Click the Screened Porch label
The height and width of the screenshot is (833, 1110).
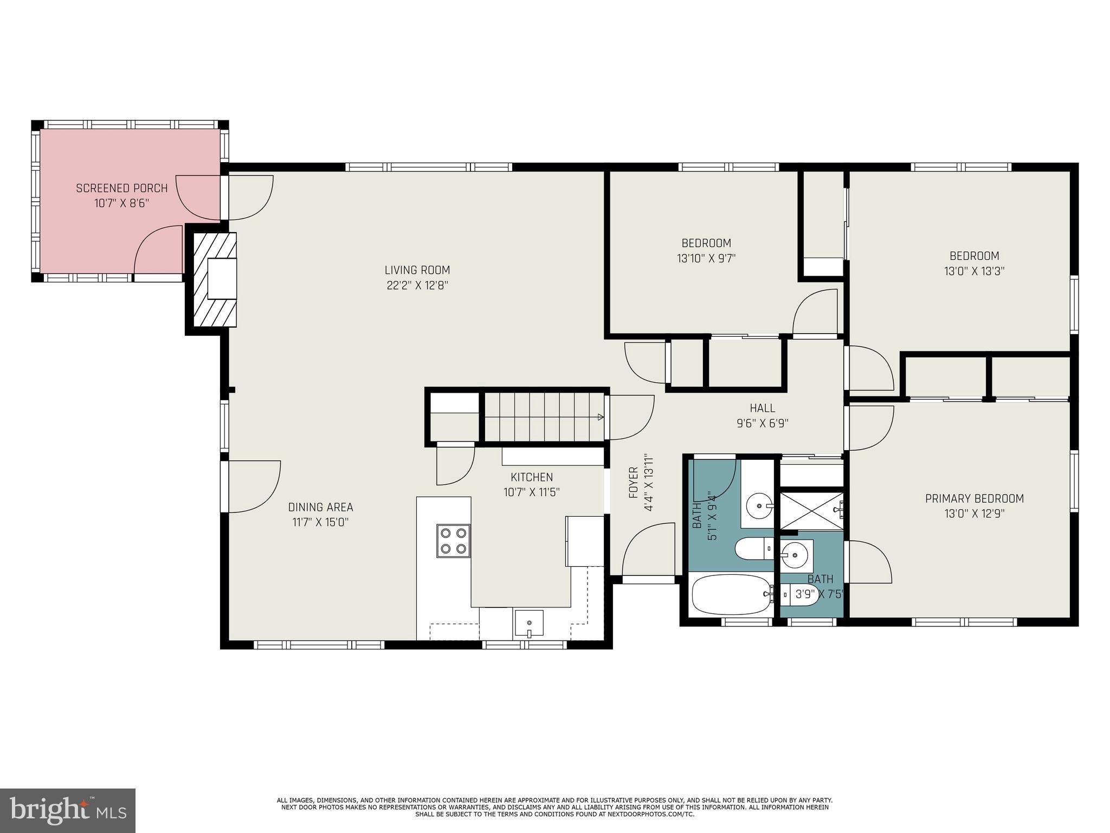coord(121,188)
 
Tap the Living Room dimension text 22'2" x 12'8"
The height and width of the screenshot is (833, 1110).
coord(417,285)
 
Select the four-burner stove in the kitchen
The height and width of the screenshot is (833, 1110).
coord(453,541)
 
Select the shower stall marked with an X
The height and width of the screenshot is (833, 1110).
coord(811,510)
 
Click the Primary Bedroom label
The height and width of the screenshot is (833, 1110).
coord(974,498)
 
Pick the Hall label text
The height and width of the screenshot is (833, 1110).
coord(762,408)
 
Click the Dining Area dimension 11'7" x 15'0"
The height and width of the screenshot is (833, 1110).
coord(320,522)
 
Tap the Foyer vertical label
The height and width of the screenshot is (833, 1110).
coord(633,482)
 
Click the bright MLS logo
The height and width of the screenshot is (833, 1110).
coord(68,811)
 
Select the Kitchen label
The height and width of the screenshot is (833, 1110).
coord(532,477)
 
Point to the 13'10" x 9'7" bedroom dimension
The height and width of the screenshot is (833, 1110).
coord(706,259)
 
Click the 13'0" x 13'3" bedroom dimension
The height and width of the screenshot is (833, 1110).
coord(974,271)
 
